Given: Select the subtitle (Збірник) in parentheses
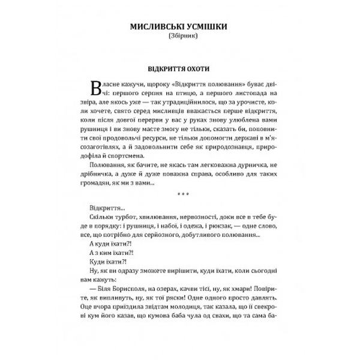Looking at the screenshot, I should (x=180, y=37).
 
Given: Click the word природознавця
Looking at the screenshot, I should (x=234, y=149).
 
